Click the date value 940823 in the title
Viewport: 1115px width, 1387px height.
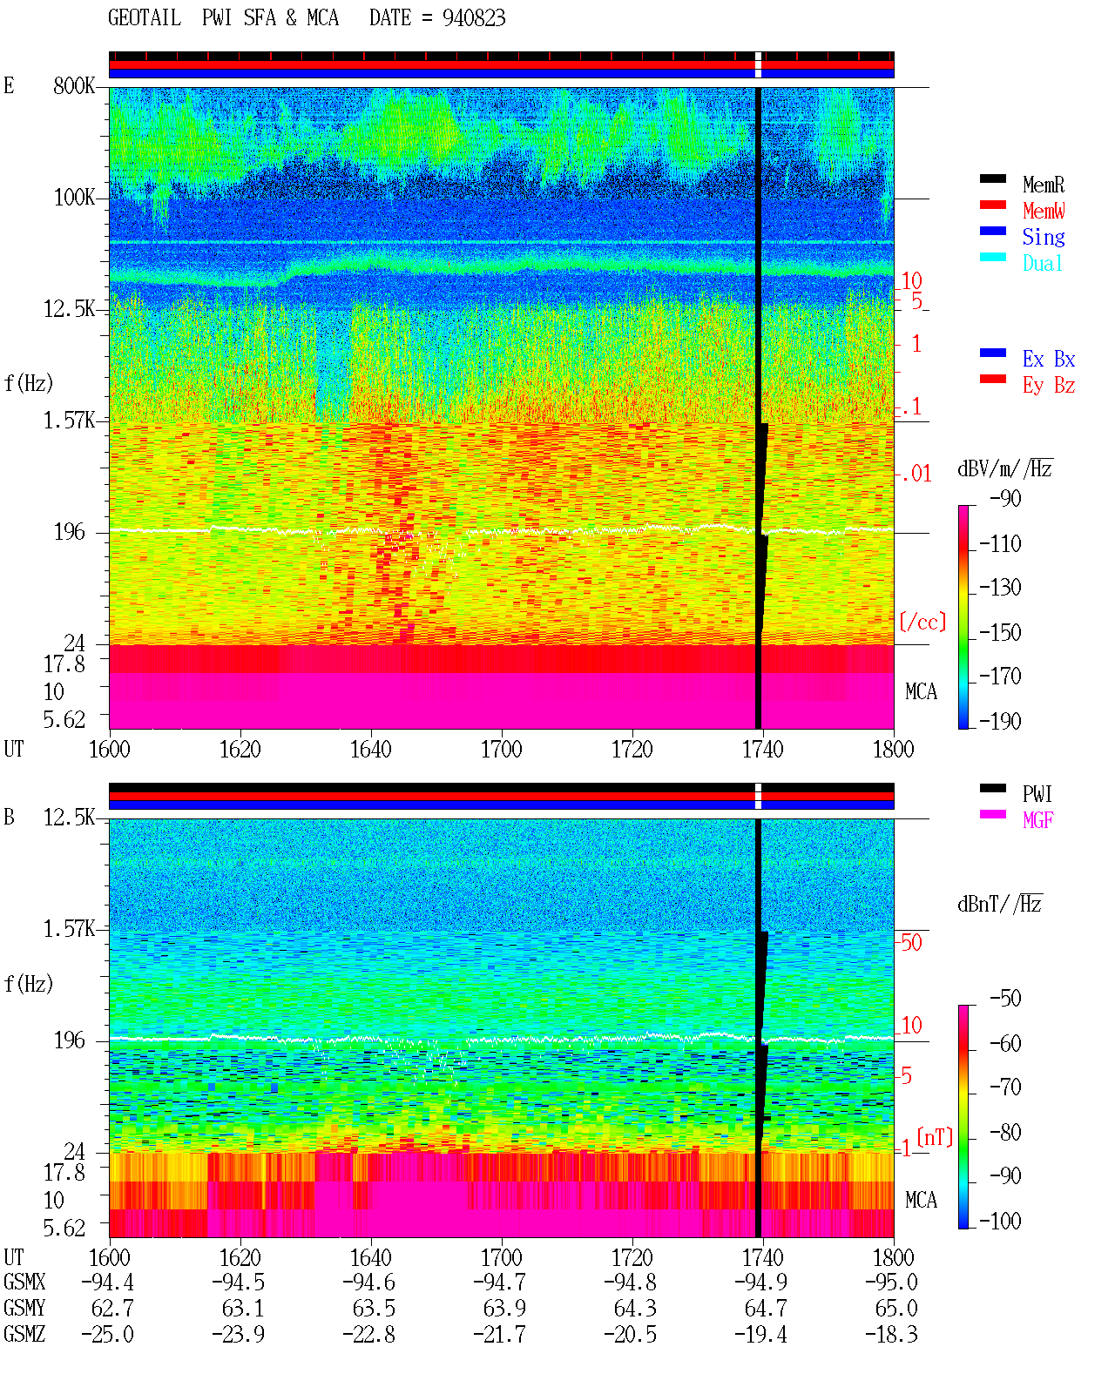click(x=473, y=18)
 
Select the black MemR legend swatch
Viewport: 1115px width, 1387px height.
click(x=992, y=178)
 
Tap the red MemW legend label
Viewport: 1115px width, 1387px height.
click(x=1044, y=211)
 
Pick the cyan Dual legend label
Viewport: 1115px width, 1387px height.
click(x=1042, y=263)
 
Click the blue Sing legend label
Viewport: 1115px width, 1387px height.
click(x=1043, y=237)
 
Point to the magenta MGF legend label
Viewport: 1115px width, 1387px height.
click(x=1037, y=820)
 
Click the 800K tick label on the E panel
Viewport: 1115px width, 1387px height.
click(x=74, y=85)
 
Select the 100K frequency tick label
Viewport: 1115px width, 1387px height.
click(x=74, y=198)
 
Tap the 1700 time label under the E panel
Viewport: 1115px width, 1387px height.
click(x=501, y=749)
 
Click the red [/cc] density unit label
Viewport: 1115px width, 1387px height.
click(x=922, y=622)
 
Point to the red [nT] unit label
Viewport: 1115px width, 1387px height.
click(x=935, y=1138)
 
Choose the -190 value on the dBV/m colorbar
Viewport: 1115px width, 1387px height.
click(x=1000, y=721)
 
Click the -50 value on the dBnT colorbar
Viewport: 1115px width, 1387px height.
click(x=1005, y=999)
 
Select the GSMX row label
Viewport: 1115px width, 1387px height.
click(x=24, y=1282)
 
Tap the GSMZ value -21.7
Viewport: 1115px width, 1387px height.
click(x=500, y=1334)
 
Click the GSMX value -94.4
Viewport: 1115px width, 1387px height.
click(x=107, y=1282)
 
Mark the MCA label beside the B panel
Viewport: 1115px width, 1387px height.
click(x=921, y=1200)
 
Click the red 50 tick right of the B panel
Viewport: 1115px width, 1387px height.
click(x=911, y=942)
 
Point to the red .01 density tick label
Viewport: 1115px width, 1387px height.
click(x=916, y=474)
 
